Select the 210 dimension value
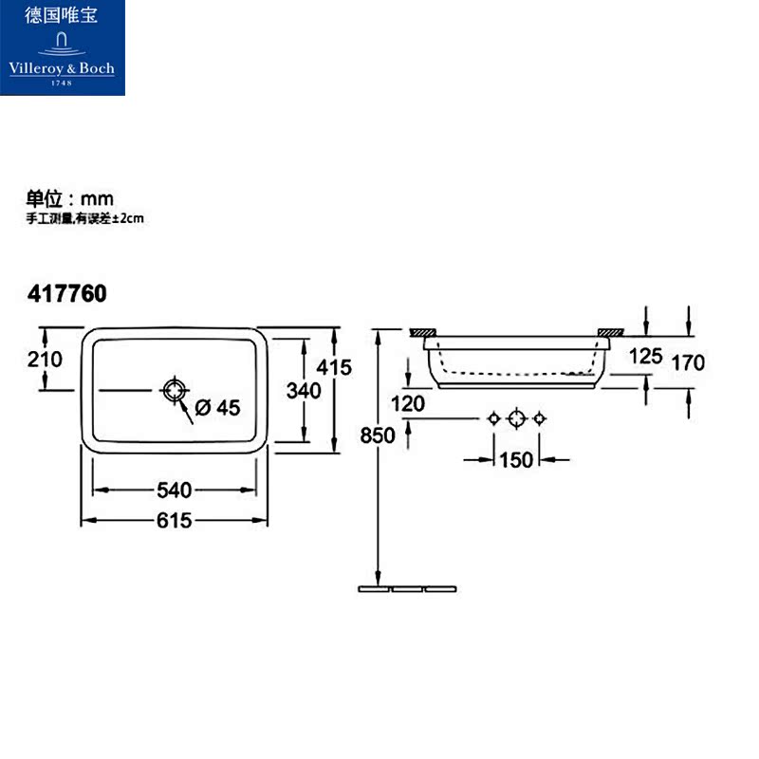point(45,360)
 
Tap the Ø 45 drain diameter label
point(217,408)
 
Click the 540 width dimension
point(176,491)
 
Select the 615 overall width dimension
point(176,521)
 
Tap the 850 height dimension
point(378,437)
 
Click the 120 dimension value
point(407,403)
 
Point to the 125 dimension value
point(645,356)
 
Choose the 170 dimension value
point(687,361)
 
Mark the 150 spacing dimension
point(516,460)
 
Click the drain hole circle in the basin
point(176,390)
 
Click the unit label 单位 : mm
point(69,198)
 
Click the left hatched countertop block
point(421,332)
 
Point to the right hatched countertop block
point(609,332)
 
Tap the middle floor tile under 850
point(407,589)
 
